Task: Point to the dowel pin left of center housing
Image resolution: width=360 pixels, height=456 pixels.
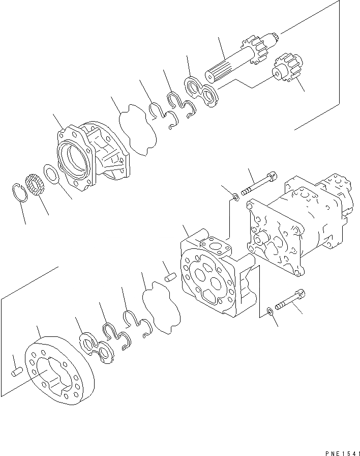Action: [171, 278]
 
